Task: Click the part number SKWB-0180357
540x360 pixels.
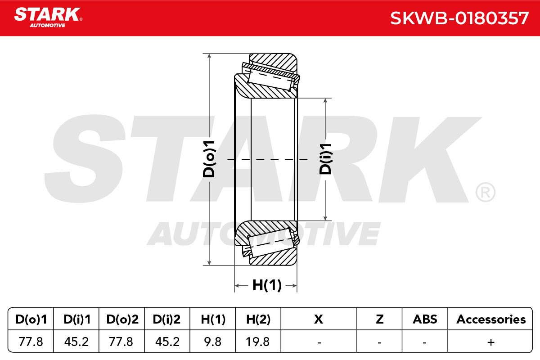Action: click(x=459, y=18)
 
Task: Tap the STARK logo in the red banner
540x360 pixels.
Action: click(x=48, y=18)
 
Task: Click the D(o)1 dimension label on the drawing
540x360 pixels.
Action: click(x=209, y=159)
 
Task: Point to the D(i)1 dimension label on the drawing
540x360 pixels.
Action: click(x=325, y=159)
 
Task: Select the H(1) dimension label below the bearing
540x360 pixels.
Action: click(x=267, y=285)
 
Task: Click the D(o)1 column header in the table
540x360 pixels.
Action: click(x=31, y=319)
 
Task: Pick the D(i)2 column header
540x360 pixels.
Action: click(x=166, y=319)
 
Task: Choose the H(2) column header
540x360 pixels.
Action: click(x=258, y=319)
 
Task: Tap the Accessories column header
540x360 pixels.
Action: click(x=491, y=319)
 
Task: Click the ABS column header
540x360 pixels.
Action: click(x=425, y=319)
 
